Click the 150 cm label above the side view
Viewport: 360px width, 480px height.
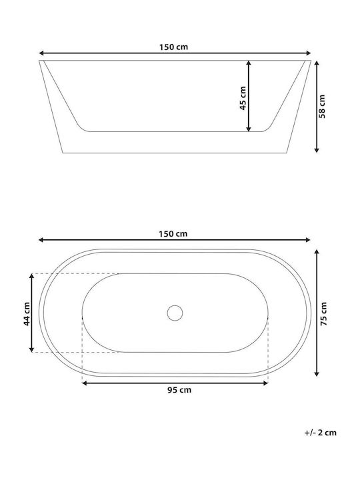coord(173,47)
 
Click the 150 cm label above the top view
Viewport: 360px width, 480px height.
coord(173,234)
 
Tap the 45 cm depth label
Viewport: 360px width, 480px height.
coord(243,98)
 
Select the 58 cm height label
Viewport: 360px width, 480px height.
coord(322,106)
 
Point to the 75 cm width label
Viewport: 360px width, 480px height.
coord(323,313)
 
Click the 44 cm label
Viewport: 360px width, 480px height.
coord(27,314)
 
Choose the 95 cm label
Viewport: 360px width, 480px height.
coord(179,390)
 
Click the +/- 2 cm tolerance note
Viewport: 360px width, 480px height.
coord(321,433)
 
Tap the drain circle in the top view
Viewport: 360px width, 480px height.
coord(175,313)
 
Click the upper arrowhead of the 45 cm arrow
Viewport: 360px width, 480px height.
coord(249,63)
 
